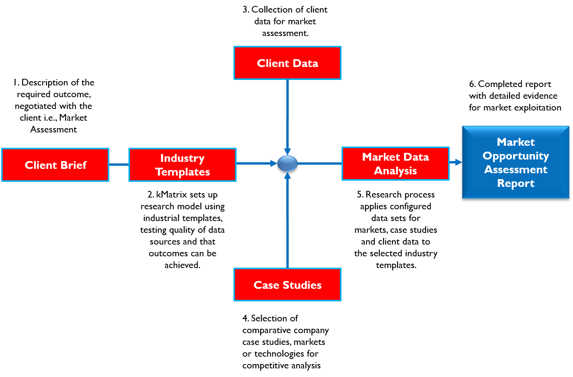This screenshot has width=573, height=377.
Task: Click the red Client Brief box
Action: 55,165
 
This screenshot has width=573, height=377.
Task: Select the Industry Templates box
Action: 182,165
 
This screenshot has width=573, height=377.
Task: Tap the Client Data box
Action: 287,63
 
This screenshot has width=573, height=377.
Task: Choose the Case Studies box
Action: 287,285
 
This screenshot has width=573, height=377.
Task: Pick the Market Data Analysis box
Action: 395,164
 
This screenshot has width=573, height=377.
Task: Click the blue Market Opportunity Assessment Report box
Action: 515,163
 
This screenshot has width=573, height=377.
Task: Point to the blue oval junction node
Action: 287,164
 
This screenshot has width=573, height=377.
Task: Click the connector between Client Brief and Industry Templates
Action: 118,165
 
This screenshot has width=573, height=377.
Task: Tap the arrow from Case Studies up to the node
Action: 287,219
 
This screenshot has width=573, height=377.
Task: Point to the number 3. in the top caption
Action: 246,10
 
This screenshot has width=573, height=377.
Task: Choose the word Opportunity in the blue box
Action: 515,156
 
